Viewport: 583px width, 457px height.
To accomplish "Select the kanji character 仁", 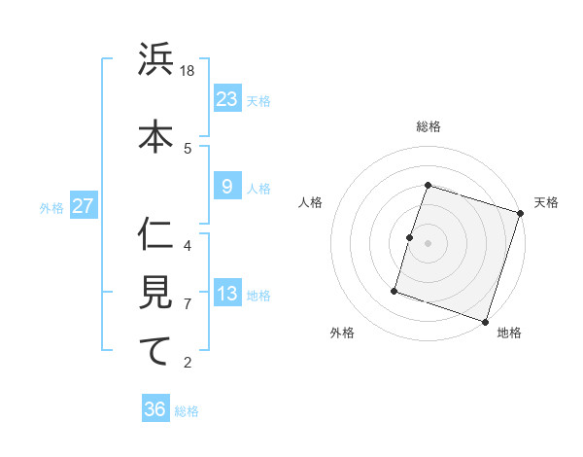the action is [155, 233].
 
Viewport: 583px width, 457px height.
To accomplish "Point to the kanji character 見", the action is [155, 293].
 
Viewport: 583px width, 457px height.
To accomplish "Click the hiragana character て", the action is [155, 351].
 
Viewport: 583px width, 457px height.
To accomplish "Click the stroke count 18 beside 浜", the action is [189, 71].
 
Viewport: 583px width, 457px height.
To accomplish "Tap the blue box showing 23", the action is [227, 99].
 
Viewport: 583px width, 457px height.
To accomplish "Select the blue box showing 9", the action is [227, 187].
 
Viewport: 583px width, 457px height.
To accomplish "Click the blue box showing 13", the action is [227, 295].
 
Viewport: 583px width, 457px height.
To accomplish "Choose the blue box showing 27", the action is [83, 207].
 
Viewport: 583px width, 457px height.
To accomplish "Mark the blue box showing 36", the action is [155, 409].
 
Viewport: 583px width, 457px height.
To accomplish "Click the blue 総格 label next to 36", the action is [187, 411].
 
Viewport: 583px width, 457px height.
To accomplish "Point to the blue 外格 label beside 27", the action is [51, 208].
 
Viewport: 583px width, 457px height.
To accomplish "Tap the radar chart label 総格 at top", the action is [429, 126].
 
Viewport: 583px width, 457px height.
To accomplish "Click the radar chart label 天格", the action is [546, 202].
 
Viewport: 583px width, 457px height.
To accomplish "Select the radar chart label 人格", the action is [311, 202].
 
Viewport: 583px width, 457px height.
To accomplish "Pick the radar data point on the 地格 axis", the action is [485, 321].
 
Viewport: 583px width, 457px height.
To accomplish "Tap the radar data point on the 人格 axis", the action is [410, 237].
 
